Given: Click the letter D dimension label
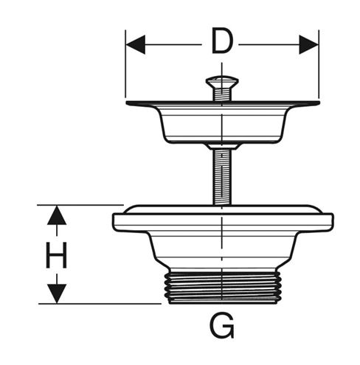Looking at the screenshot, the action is tap(222, 41).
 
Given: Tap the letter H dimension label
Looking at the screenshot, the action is tap(57, 255).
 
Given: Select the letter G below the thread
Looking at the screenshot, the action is tap(222, 325).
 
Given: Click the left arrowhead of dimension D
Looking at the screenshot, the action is tap(135, 44).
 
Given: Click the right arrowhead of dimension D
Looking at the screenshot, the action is tap(308, 44).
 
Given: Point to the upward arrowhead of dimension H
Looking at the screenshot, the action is tap(57, 215).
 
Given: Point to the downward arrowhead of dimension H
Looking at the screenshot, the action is tap(57, 293).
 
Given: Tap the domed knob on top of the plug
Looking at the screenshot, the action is tap(222, 82).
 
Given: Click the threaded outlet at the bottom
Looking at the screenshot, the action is tap(222, 287).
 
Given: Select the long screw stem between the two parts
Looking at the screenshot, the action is tap(222, 176).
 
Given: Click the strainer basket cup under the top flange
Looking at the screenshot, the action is tap(222, 124).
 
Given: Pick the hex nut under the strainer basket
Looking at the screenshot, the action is tap(222, 146).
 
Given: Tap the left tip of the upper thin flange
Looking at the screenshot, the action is tap(127, 102).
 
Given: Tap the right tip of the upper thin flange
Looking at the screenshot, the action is tap(319, 102).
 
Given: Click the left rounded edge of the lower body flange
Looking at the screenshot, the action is tap(114, 223).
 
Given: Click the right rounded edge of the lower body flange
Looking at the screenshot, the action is tap(332, 223).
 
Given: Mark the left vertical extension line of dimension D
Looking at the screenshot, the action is tap(125, 64).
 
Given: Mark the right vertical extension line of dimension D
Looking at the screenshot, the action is tap(319, 64).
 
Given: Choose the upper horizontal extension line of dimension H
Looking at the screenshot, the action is tap(80, 205).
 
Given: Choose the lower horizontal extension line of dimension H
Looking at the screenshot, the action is tap(100, 304).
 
